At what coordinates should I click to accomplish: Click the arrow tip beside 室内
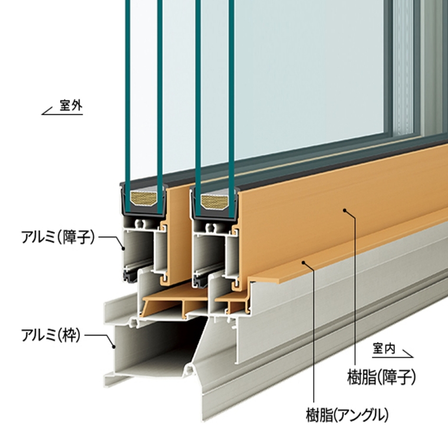coord(413,357)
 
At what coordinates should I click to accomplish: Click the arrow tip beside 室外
coord(42,114)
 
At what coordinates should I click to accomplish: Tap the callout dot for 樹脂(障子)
coord(345,210)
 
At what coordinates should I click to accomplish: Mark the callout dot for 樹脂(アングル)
coord(303,262)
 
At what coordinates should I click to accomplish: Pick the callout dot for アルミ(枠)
coord(114,347)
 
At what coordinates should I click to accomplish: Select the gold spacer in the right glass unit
coord(213,202)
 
